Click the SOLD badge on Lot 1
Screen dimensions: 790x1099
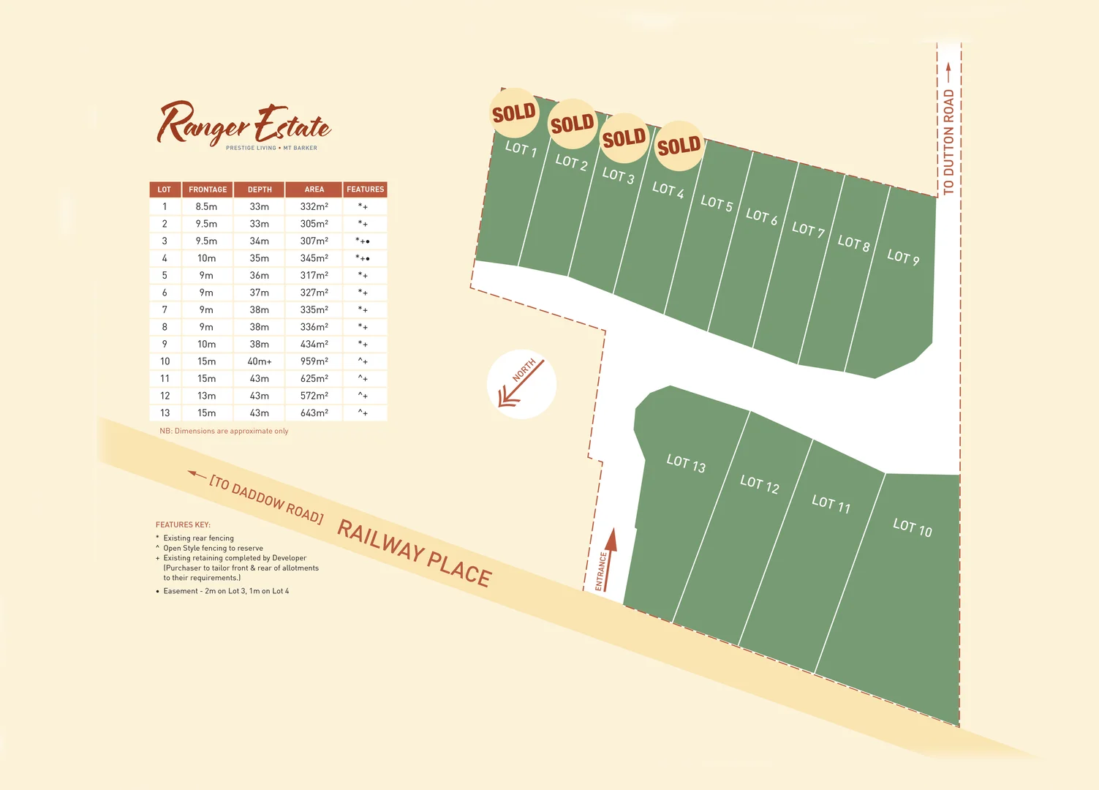pos(514,113)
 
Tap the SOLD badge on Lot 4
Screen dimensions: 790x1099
pos(679,146)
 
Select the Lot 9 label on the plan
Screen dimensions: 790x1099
pos(903,257)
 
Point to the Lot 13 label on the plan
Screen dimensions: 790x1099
pos(686,464)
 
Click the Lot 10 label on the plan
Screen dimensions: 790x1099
pos(913,527)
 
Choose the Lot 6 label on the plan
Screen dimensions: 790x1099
pos(761,217)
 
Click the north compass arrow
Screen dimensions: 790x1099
pos(521,384)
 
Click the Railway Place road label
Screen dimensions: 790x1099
pos(414,552)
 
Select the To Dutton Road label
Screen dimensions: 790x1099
pos(948,142)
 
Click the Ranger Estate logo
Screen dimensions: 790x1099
pos(243,125)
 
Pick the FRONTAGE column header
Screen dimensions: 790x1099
pos(208,189)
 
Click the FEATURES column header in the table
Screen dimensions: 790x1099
pos(365,189)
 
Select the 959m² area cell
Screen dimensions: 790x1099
pos(314,361)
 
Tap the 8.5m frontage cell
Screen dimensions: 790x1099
pos(206,207)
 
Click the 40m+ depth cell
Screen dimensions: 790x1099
pos(260,361)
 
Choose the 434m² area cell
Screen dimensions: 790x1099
pos(314,344)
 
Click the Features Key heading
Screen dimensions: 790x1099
pos(183,524)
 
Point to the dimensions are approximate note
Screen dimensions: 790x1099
pos(224,431)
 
